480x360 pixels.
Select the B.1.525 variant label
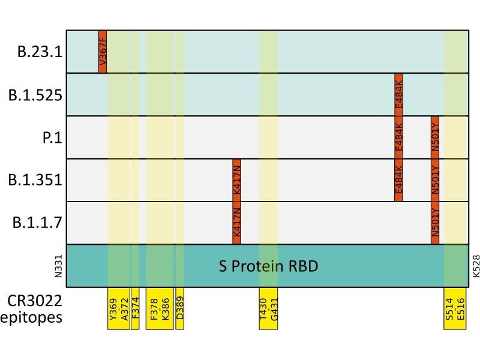35,95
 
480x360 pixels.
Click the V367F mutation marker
103,52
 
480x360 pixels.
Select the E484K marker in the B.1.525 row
399,94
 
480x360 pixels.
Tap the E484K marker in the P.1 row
399,137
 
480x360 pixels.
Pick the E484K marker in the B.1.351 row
399,180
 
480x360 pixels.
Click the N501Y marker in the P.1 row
435,137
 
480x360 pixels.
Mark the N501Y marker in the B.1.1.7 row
435,223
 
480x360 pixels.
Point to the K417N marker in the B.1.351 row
236,180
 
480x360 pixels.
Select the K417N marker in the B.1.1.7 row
236,223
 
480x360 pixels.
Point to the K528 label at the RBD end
476,265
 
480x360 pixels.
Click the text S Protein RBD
268,265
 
